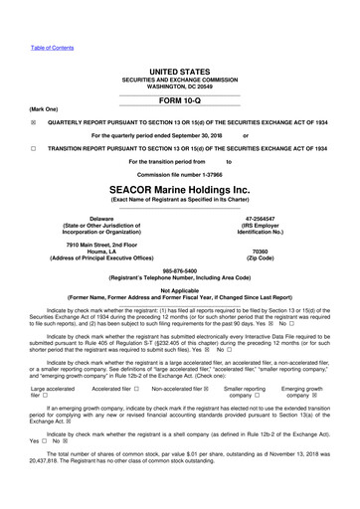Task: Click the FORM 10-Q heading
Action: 179,102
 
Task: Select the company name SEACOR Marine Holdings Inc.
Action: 179,189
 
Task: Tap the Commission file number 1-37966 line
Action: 179,173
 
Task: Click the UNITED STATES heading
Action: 179,73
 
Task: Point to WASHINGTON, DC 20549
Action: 179,87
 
